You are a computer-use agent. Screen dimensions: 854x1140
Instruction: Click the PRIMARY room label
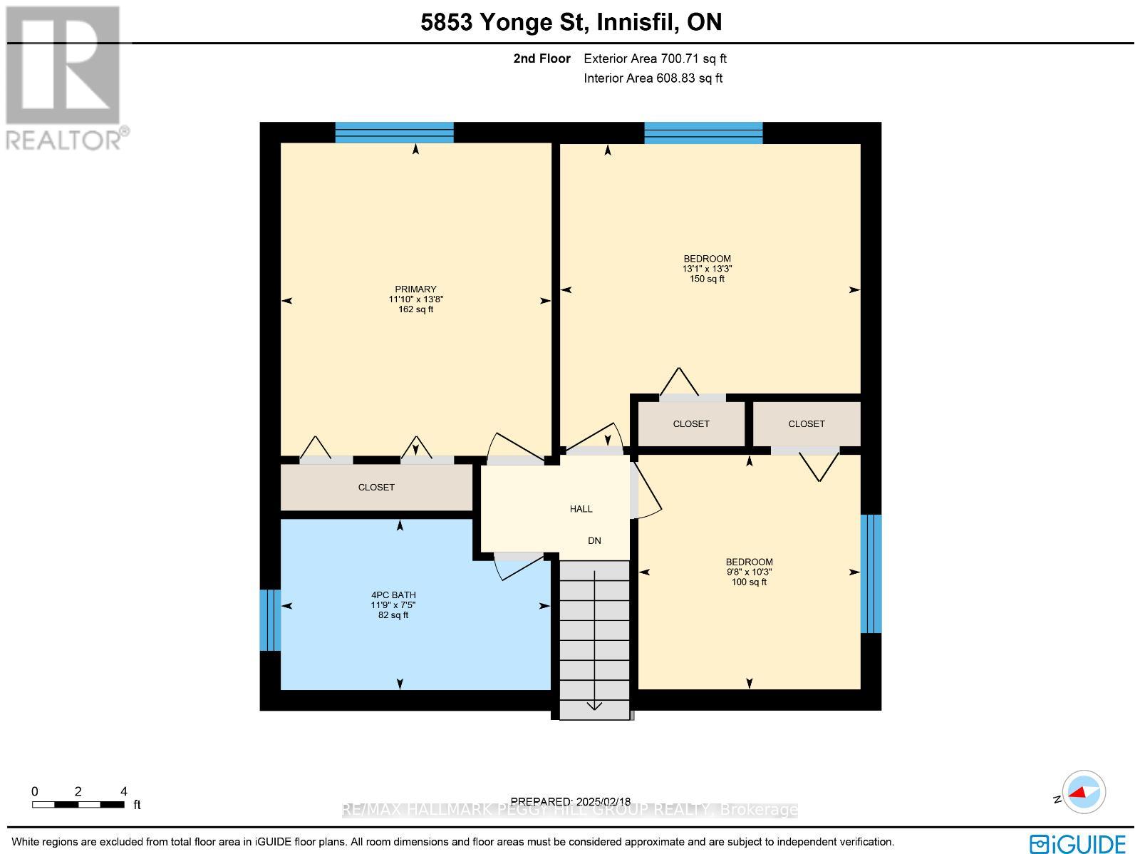(x=416, y=289)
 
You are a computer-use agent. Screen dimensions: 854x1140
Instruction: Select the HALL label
(x=581, y=509)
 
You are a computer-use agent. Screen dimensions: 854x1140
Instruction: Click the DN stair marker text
(x=594, y=541)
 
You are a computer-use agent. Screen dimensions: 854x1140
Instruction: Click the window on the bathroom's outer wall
(x=270, y=619)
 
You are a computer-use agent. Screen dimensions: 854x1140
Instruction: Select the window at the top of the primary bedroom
(x=394, y=133)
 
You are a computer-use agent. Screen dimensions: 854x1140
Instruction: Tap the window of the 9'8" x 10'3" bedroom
(x=871, y=574)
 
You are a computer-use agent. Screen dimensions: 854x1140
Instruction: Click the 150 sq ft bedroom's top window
(x=703, y=133)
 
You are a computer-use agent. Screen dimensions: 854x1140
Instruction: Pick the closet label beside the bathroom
(x=376, y=488)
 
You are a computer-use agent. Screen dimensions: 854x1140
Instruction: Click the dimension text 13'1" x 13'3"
(x=707, y=269)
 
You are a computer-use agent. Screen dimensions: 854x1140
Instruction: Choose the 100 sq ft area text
(x=749, y=582)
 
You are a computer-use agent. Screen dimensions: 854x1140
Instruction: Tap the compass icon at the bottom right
(x=1083, y=792)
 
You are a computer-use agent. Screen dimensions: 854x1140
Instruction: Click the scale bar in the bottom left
(x=78, y=805)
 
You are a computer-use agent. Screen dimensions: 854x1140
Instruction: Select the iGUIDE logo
(x=1078, y=844)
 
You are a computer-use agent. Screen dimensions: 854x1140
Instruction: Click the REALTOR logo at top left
(x=65, y=77)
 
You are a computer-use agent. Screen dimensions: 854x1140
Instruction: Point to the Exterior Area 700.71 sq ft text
(x=655, y=59)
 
